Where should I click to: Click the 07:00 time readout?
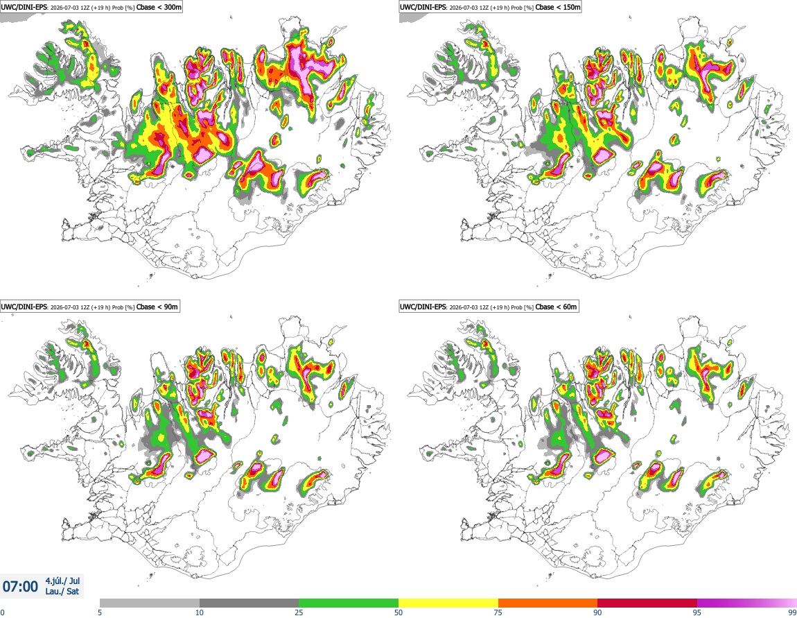pos(20,587)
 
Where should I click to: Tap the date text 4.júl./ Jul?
pos(62,581)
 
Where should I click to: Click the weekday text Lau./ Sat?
pos(62,592)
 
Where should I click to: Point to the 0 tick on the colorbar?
pos(2,612)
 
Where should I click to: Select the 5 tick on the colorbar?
pos(100,612)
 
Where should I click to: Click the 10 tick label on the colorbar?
pos(200,612)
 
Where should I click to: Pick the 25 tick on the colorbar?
pos(299,612)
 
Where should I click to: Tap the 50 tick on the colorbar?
pos(398,612)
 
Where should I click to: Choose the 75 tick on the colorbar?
pos(498,612)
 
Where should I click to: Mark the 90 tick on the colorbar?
pos(597,612)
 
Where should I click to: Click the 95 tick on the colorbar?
pos(697,612)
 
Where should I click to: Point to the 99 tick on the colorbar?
pos(792,612)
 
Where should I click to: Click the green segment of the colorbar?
pos(349,603)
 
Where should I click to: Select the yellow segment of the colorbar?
pos(448,603)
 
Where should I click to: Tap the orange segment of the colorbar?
pos(548,603)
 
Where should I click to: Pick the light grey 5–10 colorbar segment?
pos(150,603)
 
